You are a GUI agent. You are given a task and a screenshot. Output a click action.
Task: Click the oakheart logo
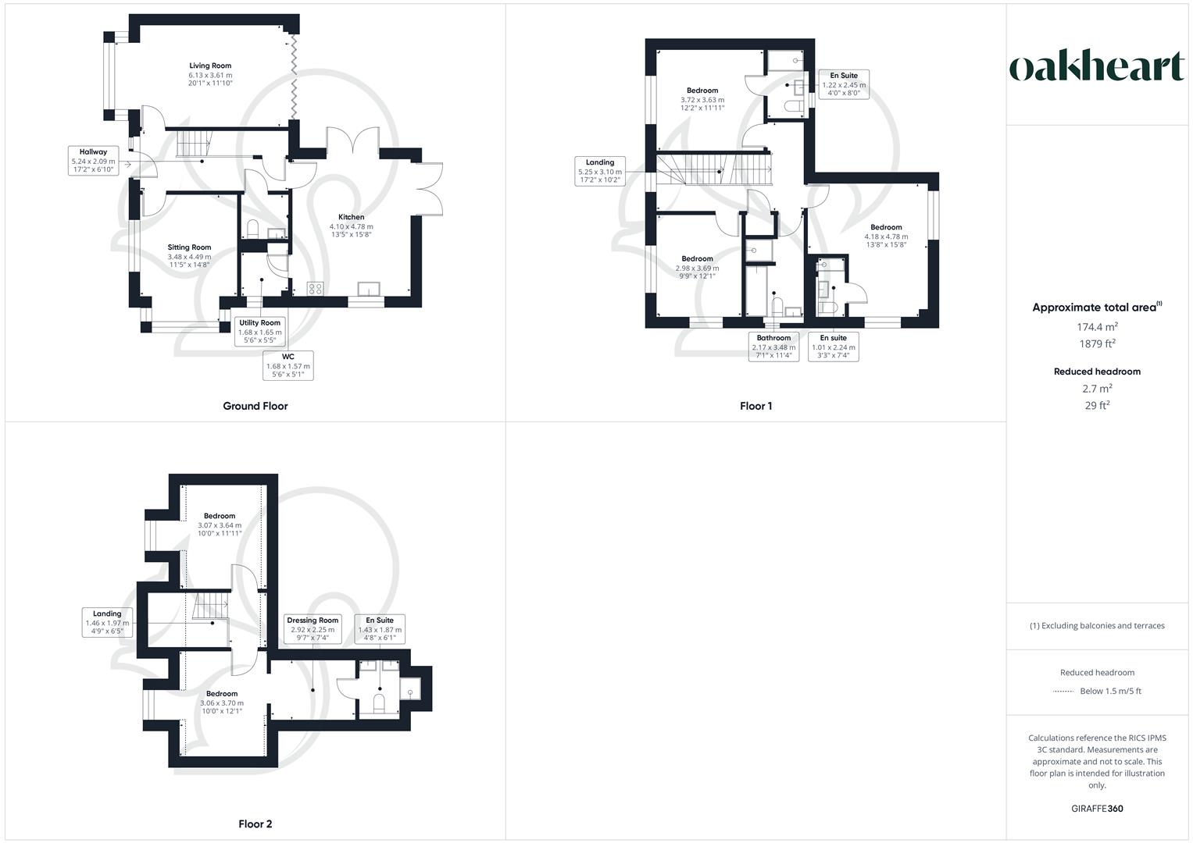[x=1097, y=67]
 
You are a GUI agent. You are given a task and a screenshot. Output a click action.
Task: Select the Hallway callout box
[x=93, y=161]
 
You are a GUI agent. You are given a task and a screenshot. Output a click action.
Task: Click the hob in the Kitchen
[x=316, y=288]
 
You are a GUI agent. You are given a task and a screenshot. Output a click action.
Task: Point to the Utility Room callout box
[x=259, y=331]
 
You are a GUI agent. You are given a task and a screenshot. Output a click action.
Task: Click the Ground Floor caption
[x=255, y=406]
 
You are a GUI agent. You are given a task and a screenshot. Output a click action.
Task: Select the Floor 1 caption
[x=755, y=406]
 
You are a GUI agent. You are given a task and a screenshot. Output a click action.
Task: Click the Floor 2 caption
[x=255, y=823]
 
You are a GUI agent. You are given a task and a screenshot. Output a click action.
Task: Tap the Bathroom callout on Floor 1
[x=773, y=347]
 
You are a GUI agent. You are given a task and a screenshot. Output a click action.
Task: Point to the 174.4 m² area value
[x=1097, y=327]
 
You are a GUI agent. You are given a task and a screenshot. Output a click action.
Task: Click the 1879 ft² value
[x=1097, y=343]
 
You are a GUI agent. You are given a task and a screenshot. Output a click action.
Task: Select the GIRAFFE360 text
[x=1097, y=809]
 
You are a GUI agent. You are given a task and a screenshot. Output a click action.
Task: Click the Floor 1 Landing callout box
[x=600, y=171]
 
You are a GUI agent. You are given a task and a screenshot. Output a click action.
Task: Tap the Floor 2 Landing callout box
[x=107, y=622]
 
